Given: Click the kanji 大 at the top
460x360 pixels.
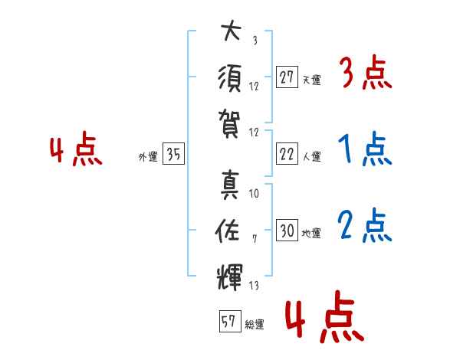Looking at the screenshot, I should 230,33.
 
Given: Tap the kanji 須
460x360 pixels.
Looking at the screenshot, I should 230,77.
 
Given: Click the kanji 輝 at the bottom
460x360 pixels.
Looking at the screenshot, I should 230,275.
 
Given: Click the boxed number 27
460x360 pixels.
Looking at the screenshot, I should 287,77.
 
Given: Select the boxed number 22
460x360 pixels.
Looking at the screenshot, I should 287,154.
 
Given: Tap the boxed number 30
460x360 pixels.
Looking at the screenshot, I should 287,231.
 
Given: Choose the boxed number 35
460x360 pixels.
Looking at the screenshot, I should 173,155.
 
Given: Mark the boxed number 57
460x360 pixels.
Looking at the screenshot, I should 228,321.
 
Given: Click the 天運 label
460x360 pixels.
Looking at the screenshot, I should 311,80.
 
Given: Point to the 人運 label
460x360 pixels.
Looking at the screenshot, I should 311,156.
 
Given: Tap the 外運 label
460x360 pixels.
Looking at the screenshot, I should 148,157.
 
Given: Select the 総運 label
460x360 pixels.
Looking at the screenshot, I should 255,324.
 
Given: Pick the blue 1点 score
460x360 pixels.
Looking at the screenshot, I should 364,151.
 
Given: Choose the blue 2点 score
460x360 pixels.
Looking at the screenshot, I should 364,226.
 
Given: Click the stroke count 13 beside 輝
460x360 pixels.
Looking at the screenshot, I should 253,286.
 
